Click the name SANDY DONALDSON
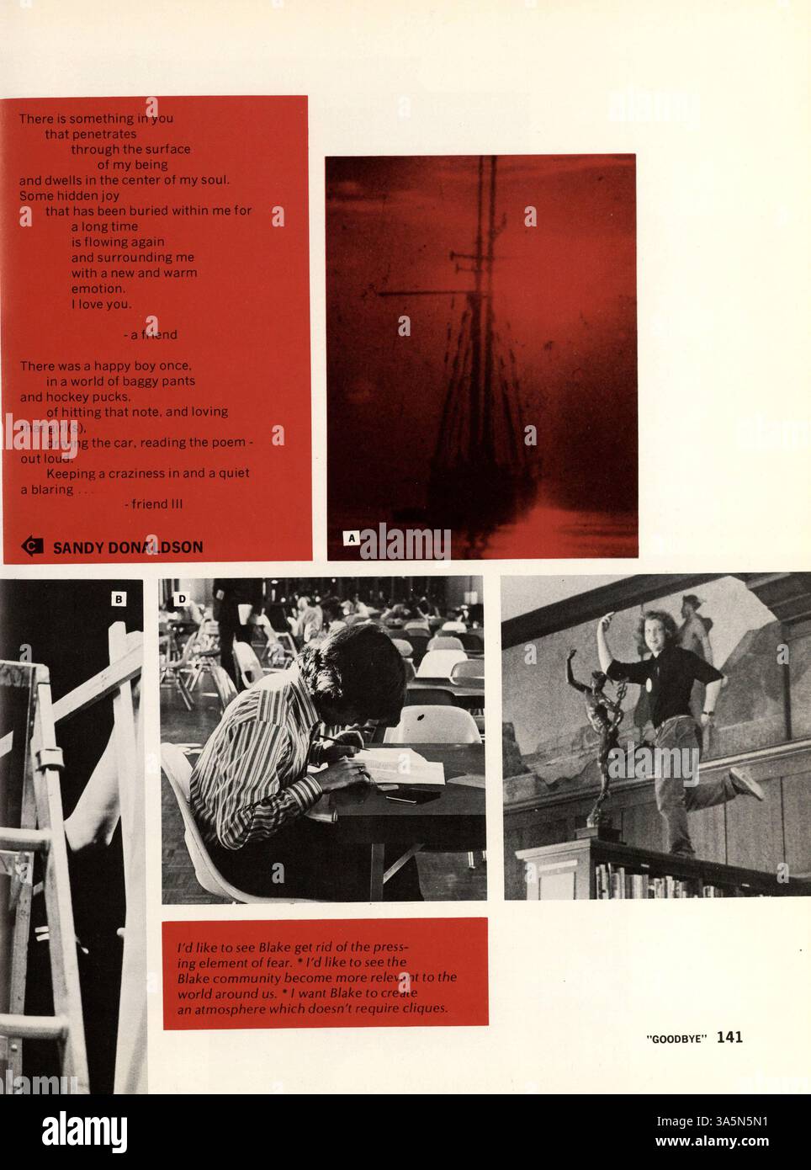(127, 547)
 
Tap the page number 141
(729, 1038)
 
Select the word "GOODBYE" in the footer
(677, 1040)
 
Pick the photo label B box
(119, 598)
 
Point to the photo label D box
(181, 598)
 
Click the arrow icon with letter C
(32, 546)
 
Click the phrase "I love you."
(101, 304)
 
